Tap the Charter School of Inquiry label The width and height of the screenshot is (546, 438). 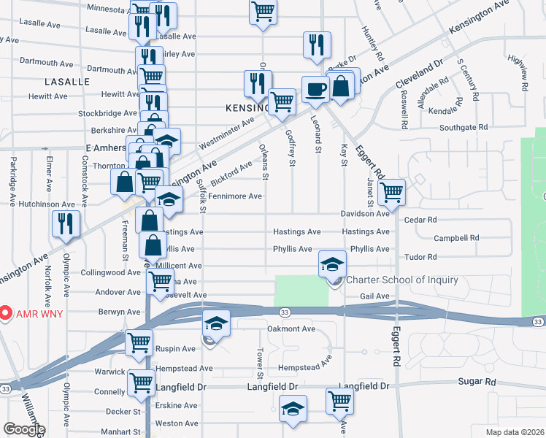(402, 280)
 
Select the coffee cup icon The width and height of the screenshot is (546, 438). (315, 90)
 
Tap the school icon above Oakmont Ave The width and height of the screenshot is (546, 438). (215, 323)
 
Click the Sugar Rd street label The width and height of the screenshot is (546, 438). (477, 382)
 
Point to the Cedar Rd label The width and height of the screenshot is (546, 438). (420, 220)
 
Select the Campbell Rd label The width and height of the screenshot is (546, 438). (455, 238)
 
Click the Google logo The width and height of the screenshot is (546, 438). (24, 429)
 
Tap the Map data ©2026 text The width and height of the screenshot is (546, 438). (515, 431)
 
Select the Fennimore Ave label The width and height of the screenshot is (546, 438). (234, 196)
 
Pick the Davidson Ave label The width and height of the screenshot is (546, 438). (365, 214)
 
